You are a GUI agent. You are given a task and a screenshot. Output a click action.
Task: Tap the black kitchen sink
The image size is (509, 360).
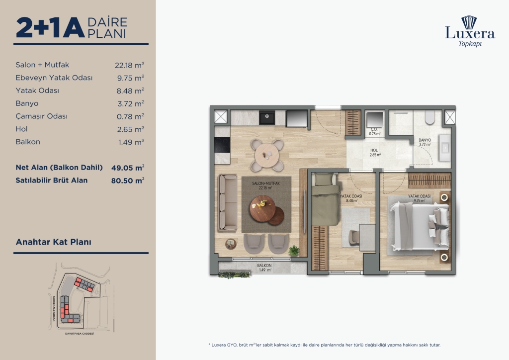tap(267, 117)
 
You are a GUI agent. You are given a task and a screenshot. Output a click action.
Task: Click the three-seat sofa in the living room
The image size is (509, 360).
tap(228, 202)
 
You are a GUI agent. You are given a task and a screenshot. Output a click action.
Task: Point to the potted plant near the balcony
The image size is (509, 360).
tap(294, 250)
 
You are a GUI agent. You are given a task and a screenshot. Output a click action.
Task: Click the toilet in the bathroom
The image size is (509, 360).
tap(430, 118)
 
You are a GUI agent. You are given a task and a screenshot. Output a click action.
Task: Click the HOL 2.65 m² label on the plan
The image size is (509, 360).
tap(375, 152)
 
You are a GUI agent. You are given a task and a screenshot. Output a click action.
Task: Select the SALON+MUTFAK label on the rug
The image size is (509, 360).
tap(265, 185)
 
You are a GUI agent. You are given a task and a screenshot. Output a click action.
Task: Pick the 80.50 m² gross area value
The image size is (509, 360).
tap(128, 180)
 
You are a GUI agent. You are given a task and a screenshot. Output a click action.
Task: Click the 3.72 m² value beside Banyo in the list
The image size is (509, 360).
tap(129, 103)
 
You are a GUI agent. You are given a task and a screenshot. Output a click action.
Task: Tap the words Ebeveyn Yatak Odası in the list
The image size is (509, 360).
tap(54, 78)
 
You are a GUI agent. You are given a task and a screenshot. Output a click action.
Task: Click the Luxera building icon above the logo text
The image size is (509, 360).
tap(469, 22)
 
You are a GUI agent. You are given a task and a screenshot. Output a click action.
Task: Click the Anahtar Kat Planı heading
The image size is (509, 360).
tap(54, 243)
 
